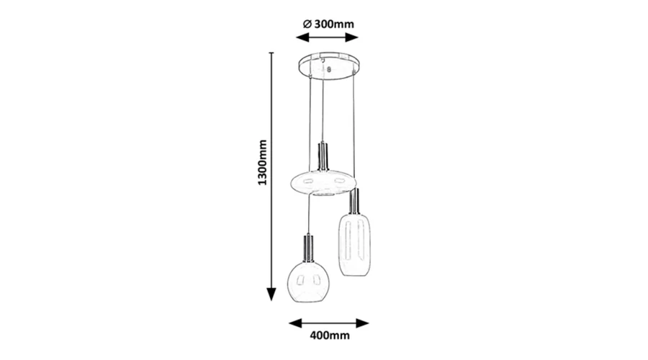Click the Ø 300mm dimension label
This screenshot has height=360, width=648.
328,24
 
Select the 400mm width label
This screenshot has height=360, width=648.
330,336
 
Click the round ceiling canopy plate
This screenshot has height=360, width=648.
329,66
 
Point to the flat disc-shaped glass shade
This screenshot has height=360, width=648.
323,182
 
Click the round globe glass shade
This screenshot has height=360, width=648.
308,282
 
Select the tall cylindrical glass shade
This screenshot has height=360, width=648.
354,244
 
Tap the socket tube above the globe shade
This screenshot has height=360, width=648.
308,248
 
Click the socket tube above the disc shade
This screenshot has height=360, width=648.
323,156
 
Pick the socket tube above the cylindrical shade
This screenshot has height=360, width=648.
354,201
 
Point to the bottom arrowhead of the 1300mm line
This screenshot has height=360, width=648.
271,294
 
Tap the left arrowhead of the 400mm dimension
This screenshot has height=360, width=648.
295,323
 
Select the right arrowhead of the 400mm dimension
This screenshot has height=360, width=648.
362,323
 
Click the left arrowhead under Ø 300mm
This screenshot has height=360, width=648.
302,38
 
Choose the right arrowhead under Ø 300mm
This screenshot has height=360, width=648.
351,38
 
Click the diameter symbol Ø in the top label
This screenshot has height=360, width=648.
307,24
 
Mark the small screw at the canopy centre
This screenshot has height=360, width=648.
329,69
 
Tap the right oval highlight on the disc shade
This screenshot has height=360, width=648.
340,180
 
